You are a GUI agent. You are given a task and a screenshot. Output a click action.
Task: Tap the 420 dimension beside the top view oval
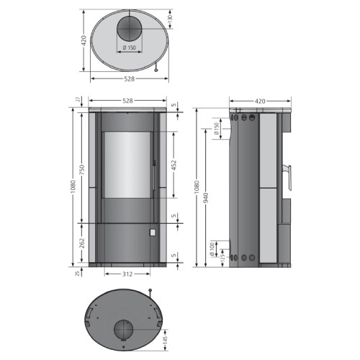coord(84,40)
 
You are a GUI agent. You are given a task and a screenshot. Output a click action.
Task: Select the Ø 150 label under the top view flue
coord(130,48)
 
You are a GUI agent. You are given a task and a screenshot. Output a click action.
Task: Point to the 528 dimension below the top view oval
coord(130,78)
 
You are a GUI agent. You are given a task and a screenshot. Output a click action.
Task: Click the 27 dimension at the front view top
coord(78,100)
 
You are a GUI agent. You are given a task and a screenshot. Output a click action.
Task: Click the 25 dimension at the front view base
coord(78,273)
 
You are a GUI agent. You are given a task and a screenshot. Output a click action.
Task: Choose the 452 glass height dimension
coord(173,164)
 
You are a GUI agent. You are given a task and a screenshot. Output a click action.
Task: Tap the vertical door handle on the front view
coord(154,173)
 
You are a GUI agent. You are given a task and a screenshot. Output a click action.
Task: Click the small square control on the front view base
coord(152,233)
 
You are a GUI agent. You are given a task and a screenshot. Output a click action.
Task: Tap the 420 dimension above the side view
coord(261,101)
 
